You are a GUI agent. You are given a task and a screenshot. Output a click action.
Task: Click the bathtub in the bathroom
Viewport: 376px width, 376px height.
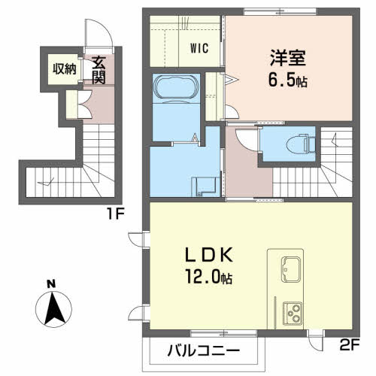tap(176, 86)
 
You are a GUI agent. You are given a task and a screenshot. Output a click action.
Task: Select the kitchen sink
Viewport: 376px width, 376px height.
tap(291, 269)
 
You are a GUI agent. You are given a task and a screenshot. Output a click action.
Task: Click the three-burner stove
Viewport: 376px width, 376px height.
tap(293, 314)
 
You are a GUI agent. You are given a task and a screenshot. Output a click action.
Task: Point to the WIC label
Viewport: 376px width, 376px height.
tap(199, 48)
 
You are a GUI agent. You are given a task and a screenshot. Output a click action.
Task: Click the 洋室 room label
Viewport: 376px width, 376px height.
tap(288, 58)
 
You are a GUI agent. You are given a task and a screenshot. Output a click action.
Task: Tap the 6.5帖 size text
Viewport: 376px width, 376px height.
tap(288, 80)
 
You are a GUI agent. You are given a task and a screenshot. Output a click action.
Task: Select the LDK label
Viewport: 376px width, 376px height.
tap(209, 255)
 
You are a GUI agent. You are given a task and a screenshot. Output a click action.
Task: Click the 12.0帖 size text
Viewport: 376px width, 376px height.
tap(208, 277)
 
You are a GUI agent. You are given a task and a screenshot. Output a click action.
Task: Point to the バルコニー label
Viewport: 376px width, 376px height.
tap(204, 350)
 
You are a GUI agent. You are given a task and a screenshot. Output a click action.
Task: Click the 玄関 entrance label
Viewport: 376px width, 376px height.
tap(99, 71)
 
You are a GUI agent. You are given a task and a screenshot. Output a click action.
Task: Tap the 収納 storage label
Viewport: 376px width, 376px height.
tap(65, 69)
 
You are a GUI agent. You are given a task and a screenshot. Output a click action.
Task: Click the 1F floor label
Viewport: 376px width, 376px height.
tap(116, 214)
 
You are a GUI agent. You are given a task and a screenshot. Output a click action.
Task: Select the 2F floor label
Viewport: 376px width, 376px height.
tap(350, 345)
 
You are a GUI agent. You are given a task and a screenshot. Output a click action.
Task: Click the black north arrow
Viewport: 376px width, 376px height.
tap(55, 309)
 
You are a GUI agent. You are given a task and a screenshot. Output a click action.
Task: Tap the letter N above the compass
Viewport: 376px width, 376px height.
tap(51, 284)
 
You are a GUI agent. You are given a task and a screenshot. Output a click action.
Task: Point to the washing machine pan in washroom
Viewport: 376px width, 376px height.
tap(205, 186)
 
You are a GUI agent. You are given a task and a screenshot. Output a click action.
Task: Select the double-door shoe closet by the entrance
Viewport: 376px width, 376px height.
tap(78, 105)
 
